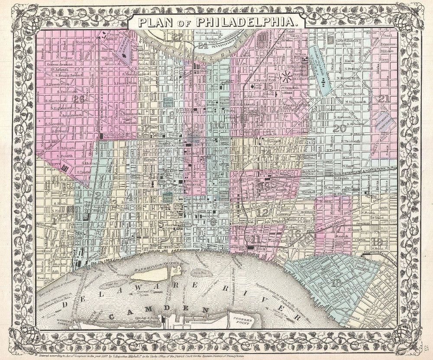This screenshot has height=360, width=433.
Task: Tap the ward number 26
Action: pos(78,99)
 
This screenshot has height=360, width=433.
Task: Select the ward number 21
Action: pos(384,99)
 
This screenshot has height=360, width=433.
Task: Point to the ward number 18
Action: pos(336,283)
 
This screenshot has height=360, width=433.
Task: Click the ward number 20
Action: pos(340,128)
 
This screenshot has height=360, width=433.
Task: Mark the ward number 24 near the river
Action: pos(202,45)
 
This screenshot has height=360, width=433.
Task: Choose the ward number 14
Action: pos(266,152)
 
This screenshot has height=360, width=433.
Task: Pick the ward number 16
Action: pos(297,233)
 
